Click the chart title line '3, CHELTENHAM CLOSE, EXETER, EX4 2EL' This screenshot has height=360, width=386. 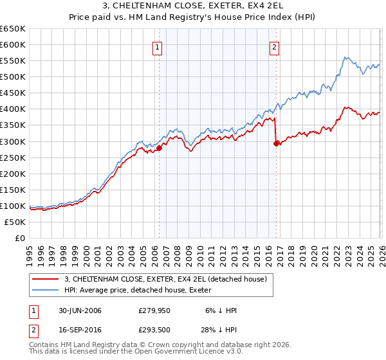point(193,7)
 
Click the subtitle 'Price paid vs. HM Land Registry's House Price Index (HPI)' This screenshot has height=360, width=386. point(193,19)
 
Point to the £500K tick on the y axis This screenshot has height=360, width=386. point(13,77)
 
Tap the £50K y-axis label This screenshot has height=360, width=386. point(15,222)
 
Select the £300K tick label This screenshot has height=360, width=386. point(13,141)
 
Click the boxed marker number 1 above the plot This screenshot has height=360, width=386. point(158,46)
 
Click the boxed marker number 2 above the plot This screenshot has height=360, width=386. point(275,46)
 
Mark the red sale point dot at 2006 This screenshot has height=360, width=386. point(159,148)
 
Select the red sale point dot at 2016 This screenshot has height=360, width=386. point(276,143)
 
